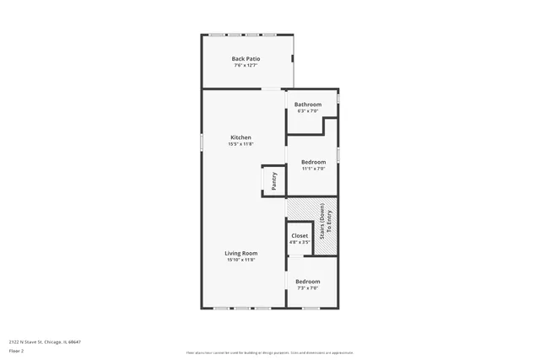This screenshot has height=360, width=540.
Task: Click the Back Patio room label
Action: (246, 58)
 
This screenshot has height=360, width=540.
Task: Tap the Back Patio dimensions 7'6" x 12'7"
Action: (246, 65)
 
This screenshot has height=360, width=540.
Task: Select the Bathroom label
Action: (307, 105)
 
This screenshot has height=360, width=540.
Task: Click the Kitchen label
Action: (241, 137)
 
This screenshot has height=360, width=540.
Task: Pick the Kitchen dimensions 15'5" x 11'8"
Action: (241, 144)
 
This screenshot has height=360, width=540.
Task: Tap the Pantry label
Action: (274, 180)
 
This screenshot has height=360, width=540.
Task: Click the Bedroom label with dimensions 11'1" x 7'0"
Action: (314, 161)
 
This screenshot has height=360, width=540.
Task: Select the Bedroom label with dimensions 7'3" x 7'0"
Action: (307, 282)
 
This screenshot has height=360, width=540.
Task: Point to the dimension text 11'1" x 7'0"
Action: (314, 168)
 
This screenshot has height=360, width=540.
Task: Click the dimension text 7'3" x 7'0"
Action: (307, 288)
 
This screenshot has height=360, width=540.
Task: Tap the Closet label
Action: (300, 236)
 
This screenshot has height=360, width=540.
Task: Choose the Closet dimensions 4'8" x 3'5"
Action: (300, 243)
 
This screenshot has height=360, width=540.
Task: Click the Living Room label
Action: (240, 253)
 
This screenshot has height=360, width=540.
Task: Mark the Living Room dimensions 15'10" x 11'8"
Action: (240, 260)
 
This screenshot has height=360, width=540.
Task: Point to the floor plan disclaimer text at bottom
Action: (269, 352)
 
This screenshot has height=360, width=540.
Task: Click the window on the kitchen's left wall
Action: (201, 142)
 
